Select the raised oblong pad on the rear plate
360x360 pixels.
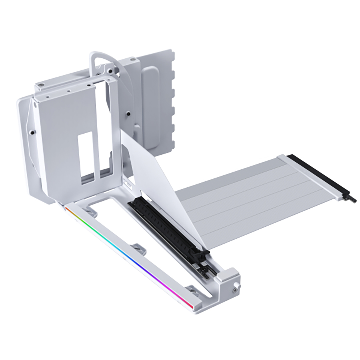point(150,107)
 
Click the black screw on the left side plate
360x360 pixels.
point(32,132)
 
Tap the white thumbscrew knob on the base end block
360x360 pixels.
point(237,285)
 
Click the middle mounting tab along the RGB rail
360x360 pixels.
point(138,248)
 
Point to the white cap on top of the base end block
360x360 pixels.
point(223,276)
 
